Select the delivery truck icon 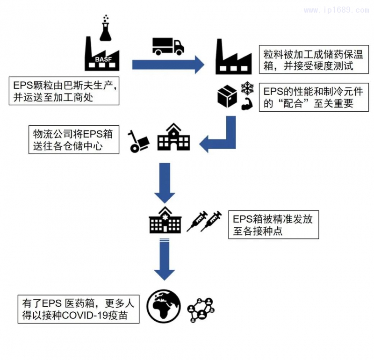[168, 45]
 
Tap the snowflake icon [246, 87]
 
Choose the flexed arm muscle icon [246, 104]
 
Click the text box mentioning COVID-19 [79, 309]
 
